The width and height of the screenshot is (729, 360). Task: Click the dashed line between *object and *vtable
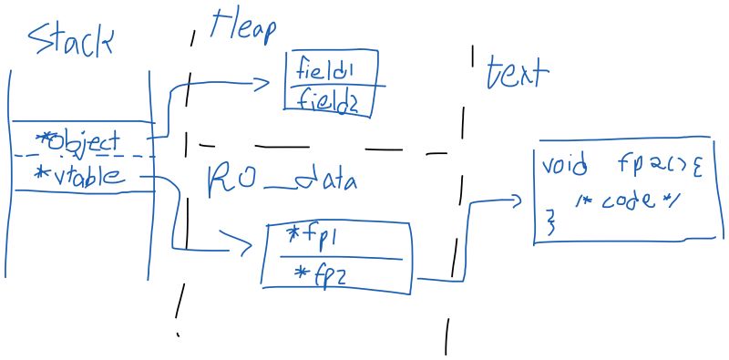point(82,157)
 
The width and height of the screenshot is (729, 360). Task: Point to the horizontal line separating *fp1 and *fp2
point(334,257)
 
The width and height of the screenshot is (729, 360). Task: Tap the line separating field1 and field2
point(335,87)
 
